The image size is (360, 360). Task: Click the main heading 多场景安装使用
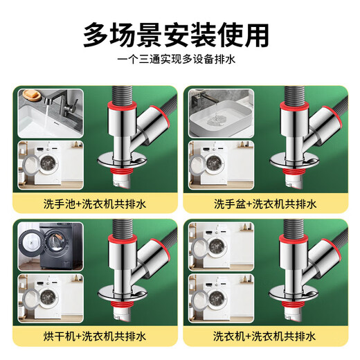(179, 33)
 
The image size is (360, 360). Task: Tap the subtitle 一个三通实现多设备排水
(179, 60)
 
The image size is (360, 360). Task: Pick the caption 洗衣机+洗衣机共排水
(266, 337)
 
